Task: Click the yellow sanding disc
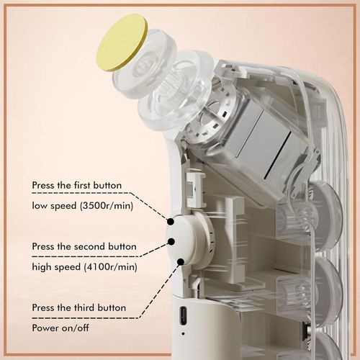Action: tap(122, 42)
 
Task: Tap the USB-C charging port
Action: tap(184, 316)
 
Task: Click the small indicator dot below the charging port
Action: tap(184, 333)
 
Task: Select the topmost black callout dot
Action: tap(171, 222)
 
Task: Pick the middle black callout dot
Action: tap(171, 241)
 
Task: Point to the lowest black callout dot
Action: tap(181, 261)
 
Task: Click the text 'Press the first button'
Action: tap(77, 185)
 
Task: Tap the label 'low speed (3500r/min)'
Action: tap(82, 206)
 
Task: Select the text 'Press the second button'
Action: tap(84, 246)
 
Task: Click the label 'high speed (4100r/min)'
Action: tap(84, 267)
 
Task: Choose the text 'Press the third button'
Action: tap(79, 307)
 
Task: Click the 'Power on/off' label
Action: tap(60, 328)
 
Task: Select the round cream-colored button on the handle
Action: tap(189, 240)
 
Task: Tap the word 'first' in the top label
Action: tap(82, 185)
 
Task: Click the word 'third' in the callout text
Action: tap(84, 307)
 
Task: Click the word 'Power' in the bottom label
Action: tap(46, 328)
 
